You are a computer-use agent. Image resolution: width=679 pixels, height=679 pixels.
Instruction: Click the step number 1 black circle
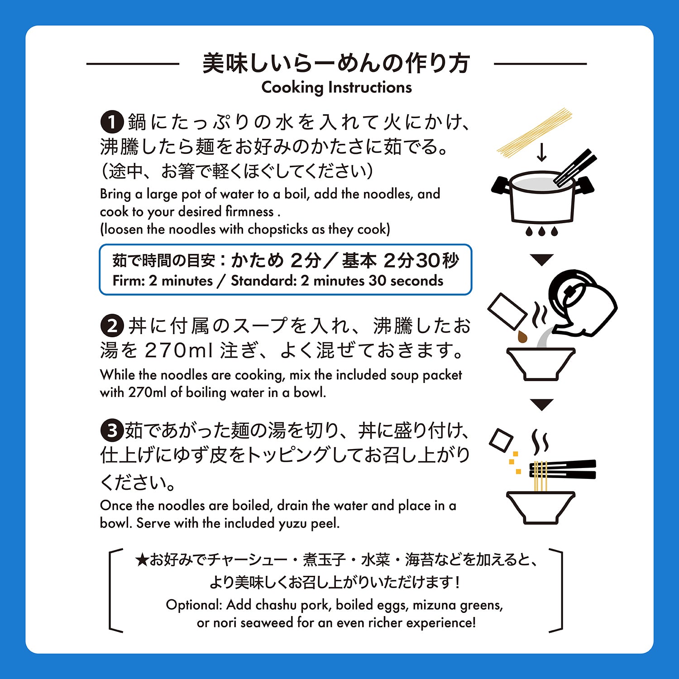(112, 122)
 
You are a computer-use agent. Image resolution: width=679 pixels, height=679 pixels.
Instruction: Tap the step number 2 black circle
(112, 326)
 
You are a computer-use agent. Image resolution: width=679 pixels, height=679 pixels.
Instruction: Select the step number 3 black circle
(112, 430)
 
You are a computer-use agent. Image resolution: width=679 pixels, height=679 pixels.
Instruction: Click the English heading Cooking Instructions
(337, 87)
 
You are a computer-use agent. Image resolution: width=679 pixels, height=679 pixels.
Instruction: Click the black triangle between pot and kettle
(542, 259)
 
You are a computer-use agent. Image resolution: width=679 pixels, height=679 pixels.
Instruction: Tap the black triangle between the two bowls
(542, 404)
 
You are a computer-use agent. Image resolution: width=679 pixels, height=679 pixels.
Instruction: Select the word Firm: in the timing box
(129, 281)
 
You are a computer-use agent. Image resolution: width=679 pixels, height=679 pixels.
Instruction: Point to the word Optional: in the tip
(194, 605)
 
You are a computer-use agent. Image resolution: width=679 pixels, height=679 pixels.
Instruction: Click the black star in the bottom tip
(142, 560)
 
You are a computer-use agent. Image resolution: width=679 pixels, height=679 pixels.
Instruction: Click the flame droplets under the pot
(542, 231)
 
